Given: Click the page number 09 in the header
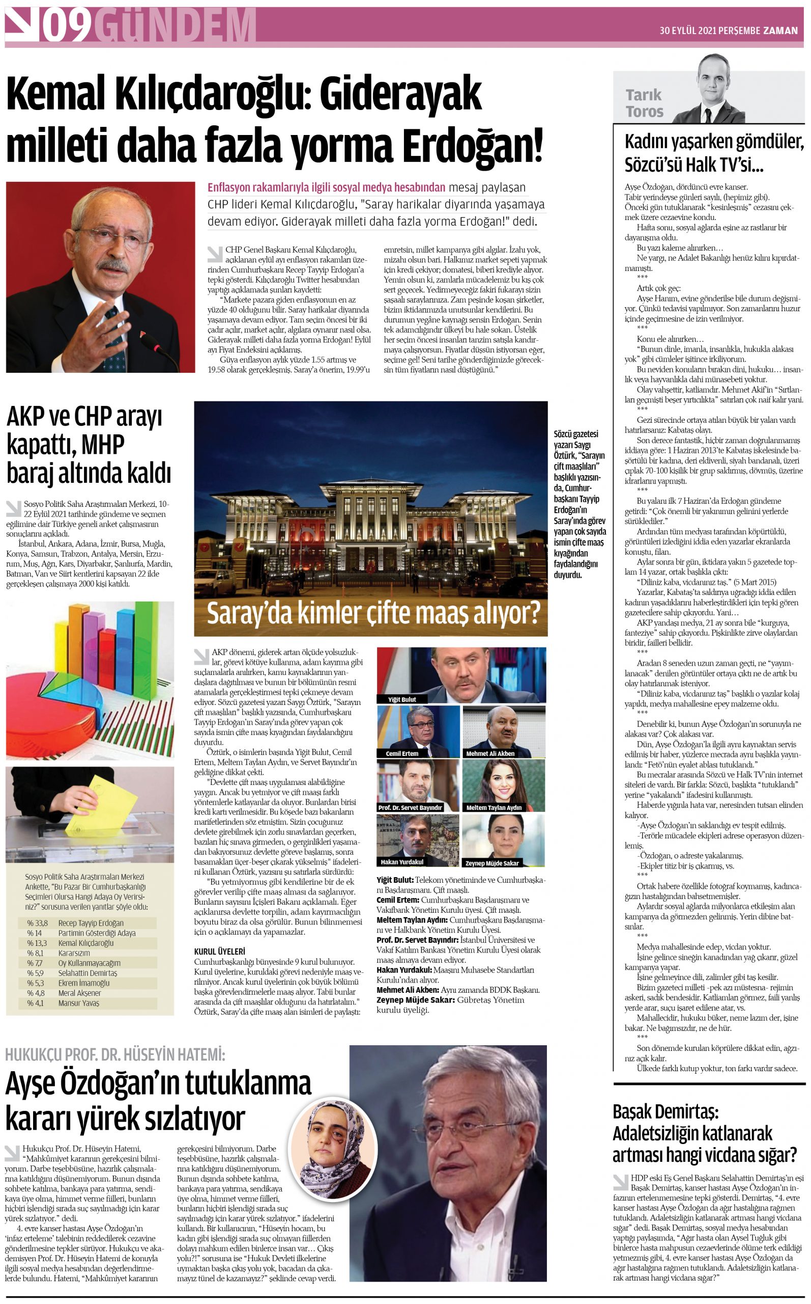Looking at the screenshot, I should tap(66, 25).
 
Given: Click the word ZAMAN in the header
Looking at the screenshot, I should tap(780, 31).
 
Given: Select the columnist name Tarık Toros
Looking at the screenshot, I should tap(644, 103).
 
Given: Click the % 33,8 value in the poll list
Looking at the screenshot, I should tap(37, 923).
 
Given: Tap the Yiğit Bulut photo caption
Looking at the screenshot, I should tap(402, 699).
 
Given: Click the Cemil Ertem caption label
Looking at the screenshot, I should tap(402, 753).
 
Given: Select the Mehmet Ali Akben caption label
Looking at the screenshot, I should tap(490, 753).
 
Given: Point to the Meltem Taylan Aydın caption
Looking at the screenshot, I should tap(494, 807).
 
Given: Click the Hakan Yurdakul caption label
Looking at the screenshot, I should tap(402, 862).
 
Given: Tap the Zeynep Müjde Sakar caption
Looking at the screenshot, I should tap(492, 863).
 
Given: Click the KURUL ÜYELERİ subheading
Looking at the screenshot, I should tap(219, 952).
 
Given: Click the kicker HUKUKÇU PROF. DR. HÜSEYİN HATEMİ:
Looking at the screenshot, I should tap(115, 1055).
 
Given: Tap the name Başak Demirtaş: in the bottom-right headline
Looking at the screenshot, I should tap(665, 1111).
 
